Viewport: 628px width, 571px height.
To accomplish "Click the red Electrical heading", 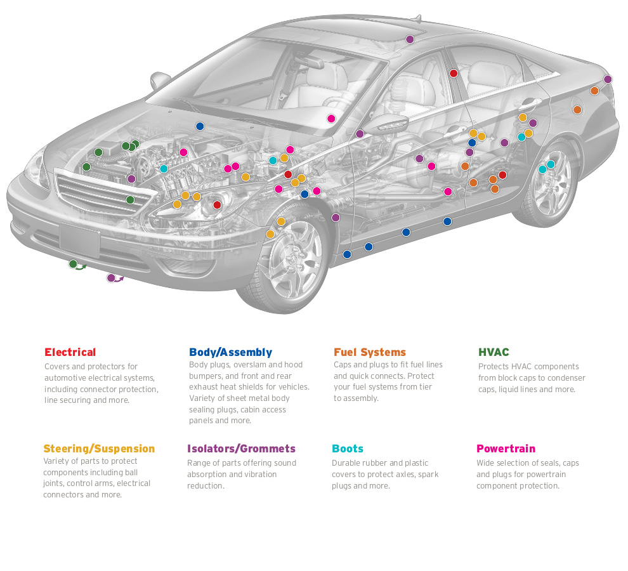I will click(x=70, y=352).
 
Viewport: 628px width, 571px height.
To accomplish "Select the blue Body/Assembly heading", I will click(x=230, y=352).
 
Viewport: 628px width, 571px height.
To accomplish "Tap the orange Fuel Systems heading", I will click(x=369, y=352).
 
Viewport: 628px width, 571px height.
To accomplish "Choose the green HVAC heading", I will click(x=494, y=352).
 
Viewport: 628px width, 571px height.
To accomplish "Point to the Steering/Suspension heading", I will click(x=99, y=449).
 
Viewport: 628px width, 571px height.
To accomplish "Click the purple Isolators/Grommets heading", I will click(x=241, y=449).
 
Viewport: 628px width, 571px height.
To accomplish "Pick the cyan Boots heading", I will click(x=348, y=449).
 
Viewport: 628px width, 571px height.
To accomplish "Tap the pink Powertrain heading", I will click(x=506, y=449).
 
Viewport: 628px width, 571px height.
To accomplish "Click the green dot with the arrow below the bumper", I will click(x=73, y=264).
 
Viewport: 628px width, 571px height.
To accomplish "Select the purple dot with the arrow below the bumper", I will click(x=111, y=278).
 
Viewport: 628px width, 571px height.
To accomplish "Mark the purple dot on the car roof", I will click(x=410, y=39).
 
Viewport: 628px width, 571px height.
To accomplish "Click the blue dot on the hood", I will click(x=200, y=126).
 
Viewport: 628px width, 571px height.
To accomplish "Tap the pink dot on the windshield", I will click(x=330, y=119).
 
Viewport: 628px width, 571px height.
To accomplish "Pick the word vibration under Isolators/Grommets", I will click(x=257, y=475).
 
